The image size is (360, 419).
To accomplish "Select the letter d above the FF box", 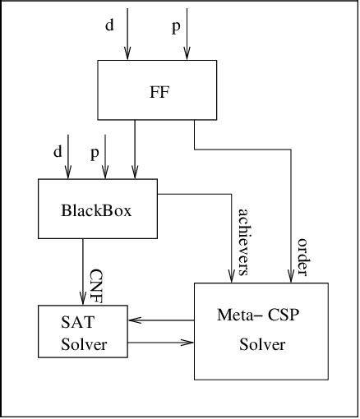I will (x=109, y=25).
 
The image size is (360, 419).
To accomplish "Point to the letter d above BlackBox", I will (x=57, y=152).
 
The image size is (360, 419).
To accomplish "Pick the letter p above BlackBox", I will (x=95, y=154).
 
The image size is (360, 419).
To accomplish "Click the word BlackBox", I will (x=97, y=209).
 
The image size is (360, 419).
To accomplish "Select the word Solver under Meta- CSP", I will (x=262, y=345).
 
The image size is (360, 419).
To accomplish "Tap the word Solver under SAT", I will (x=84, y=344).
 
